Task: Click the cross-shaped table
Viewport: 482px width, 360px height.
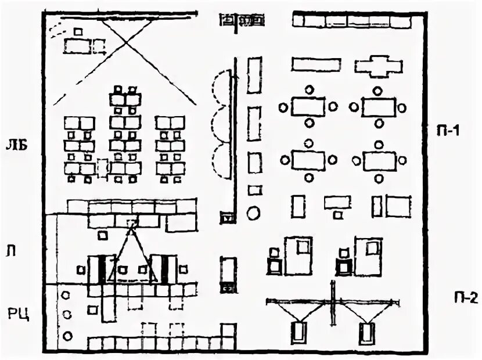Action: pyautogui.click(x=378, y=66)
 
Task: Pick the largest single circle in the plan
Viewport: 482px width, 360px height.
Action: pyautogui.click(x=253, y=213)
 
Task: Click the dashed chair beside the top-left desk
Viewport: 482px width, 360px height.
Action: pyautogui.click(x=100, y=46)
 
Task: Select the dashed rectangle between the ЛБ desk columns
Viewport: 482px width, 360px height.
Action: pyautogui.click(x=103, y=168)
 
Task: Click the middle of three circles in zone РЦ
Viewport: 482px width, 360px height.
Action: pyautogui.click(x=67, y=315)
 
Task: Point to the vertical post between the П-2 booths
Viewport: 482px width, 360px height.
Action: pyautogui.click(x=332, y=303)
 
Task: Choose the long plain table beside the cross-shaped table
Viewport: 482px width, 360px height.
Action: pyautogui.click(x=315, y=64)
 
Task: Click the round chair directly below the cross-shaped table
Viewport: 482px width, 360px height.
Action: pyautogui.click(x=378, y=91)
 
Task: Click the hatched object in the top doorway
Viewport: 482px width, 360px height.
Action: pyautogui.click(x=241, y=21)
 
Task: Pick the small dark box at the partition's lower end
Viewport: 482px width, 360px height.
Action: pyautogui.click(x=227, y=218)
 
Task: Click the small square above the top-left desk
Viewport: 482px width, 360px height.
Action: pyautogui.click(x=78, y=31)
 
